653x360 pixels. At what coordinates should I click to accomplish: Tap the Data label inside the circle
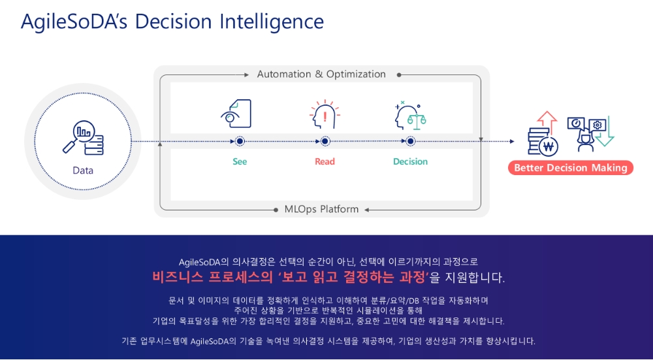(83, 171)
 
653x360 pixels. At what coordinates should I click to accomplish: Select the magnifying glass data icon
(83, 137)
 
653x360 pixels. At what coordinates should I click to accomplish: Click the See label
(240, 161)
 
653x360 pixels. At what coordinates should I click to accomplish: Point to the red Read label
(325, 161)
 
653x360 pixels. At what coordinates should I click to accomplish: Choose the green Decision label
(410, 161)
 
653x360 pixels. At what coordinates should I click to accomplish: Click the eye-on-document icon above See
(236, 113)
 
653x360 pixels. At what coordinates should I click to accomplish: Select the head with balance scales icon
(410, 115)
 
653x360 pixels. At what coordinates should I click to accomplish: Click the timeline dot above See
(240, 142)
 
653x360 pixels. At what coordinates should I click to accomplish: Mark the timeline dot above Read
(325, 142)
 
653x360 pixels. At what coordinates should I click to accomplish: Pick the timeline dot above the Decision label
(411, 142)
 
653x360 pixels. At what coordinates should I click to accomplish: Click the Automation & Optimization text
(321, 74)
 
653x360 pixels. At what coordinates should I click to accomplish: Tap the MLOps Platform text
(321, 209)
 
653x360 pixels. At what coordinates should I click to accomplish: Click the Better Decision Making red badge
(571, 168)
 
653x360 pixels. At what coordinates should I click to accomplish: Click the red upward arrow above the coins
(547, 122)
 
